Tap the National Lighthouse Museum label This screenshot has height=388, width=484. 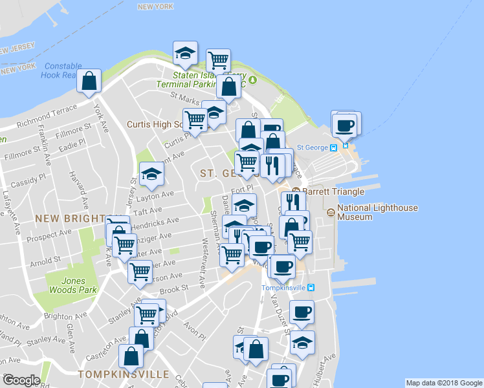tap(377, 212)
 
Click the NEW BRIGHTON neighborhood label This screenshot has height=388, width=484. tap(72, 219)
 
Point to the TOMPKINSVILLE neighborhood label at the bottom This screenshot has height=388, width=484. tap(123, 374)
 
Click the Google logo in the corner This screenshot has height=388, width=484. tap(21, 381)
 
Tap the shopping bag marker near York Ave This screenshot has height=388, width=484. tap(89, 81)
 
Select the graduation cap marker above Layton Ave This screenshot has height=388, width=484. tap(151, 173)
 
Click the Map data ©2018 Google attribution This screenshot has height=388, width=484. tap(443, 383)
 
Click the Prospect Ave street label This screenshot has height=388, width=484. tap(55, 232)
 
